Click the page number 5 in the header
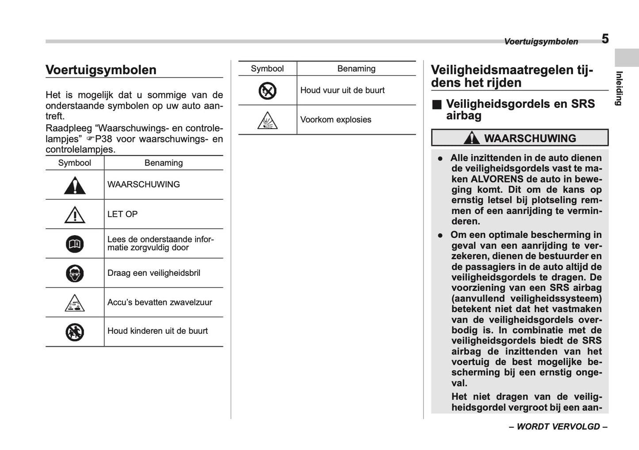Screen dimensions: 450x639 (x=605, y=39)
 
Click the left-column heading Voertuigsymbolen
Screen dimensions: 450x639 (x=101, y=70)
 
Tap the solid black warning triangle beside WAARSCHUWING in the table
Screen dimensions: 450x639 (x=75, y=186)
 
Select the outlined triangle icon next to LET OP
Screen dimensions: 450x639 (x=75, y=215)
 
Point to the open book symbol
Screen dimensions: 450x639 (x=75, y=244)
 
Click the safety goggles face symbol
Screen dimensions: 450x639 (x=75, y=273)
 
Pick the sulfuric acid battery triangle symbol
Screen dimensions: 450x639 (x=75, y=303)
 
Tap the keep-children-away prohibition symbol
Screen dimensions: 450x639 (x=75, y=332)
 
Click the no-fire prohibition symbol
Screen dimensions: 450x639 (x=268, y=91)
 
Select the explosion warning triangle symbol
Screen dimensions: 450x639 (x=268, y=121)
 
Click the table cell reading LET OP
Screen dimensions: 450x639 (x=122, y=214)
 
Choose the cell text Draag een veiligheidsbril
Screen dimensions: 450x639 (x=154, y=273)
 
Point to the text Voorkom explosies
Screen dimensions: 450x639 (x=336, y=120)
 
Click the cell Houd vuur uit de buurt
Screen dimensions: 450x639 (x=342, y=90)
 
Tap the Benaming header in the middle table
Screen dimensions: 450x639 (x=356, y=69)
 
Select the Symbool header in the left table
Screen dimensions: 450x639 (x=75, y=163)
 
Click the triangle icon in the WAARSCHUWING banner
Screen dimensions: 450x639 (x=472, y=138)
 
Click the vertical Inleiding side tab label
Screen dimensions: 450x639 (x=620, y=88)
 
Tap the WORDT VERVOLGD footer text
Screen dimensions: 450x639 (x=558, y=427)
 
